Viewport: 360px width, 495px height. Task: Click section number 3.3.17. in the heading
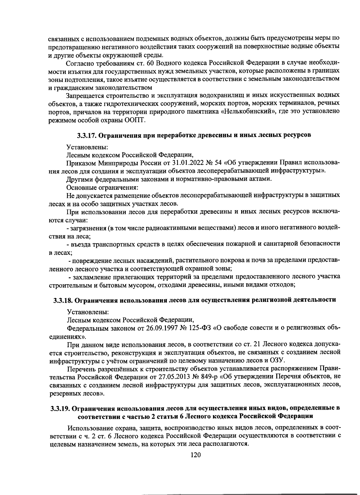click(87, 135)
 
